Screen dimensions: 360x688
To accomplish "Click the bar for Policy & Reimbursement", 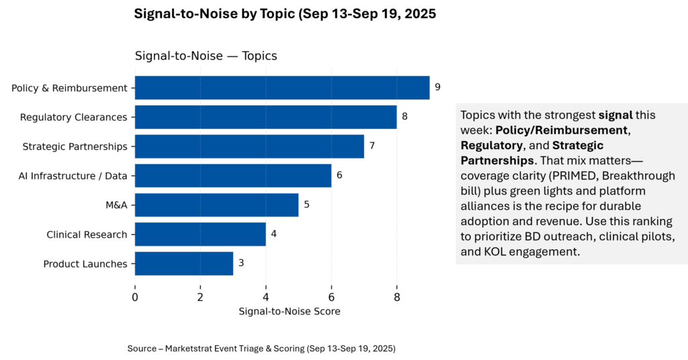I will click(282, 87).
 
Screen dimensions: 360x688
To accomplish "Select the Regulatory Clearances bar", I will click(265, 117).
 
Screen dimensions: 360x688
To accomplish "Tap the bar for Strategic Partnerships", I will click(249, 146).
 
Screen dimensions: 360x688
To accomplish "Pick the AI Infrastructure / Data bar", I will click(233, 175).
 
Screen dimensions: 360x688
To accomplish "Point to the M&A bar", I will click(216, 205).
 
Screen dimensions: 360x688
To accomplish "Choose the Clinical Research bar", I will click(200, 234).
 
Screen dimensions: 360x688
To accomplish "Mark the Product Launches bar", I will click(184, 263).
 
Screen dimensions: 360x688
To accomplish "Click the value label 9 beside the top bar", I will click(437, 87).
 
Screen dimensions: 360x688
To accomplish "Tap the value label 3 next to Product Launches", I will click(241, 263).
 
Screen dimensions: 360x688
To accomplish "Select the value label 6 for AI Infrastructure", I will click(339, 175).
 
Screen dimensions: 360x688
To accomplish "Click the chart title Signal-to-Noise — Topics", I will click(206, 56).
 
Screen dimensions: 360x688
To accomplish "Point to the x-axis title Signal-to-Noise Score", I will click(289, 312).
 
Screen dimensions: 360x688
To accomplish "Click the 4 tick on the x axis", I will click(266, 296).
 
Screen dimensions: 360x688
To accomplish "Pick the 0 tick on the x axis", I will click(135, 296).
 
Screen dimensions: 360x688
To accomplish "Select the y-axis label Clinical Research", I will click(87, 234).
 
